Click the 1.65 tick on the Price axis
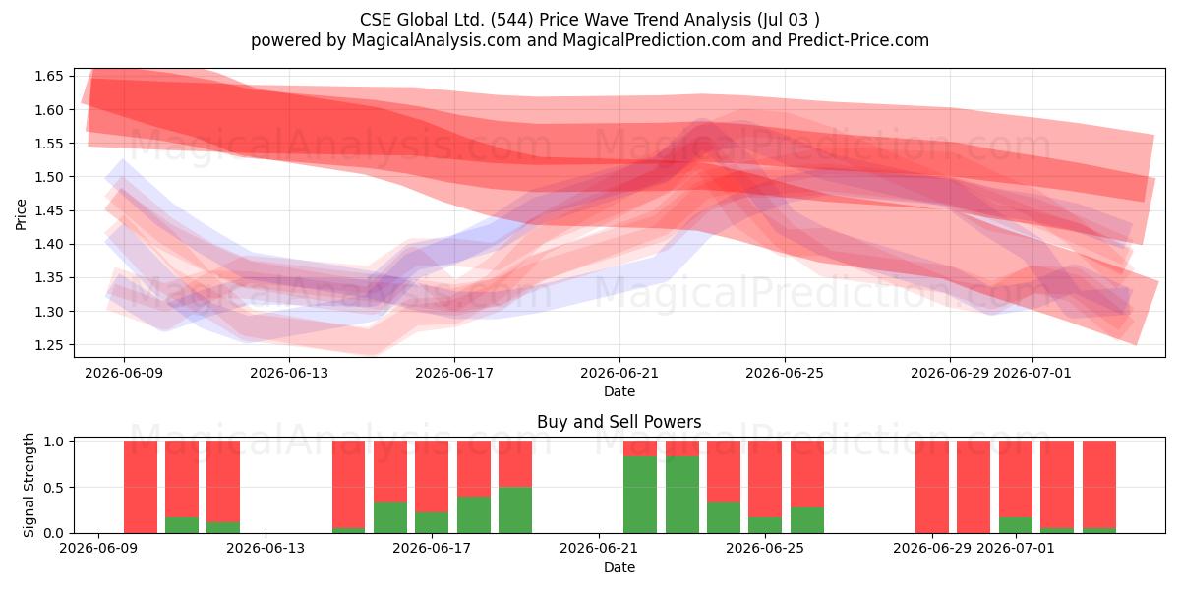(x=48, y=77)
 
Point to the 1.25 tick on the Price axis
(x=48, y=345)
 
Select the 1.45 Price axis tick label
(x=48, y=210)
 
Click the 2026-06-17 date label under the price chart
(x=454, y=373)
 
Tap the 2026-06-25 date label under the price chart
(x=785, y=373)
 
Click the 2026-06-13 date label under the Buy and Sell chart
(x=265, y=549)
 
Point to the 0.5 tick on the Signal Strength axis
(x=54, y=488)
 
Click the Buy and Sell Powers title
(x=619, y=422)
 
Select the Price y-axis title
(x=21, y=214)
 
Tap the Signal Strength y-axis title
(x=29, y=485)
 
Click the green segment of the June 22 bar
(x=640, y=495)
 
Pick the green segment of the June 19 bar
(x=515, y=510)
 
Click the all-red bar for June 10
(x=141, y=487)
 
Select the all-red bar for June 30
(x=973, y=487)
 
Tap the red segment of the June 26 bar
(x=807, y=474)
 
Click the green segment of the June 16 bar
(x=390, y=518)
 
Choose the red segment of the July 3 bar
(x=1099, y=485)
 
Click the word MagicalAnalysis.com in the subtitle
(x=437, y=40)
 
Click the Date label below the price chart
(x=619, y=392)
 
